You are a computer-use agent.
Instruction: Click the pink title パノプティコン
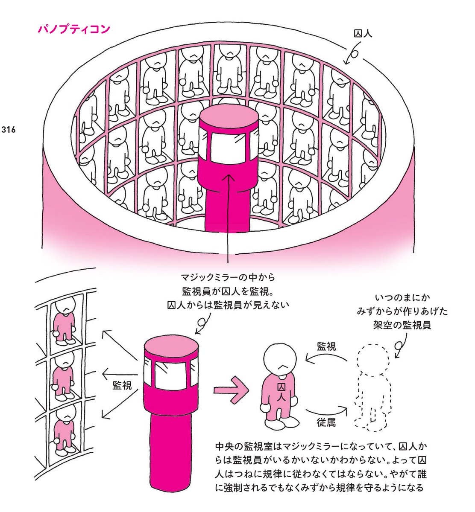74,29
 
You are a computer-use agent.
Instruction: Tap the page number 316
9,130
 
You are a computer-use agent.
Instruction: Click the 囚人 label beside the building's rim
363,33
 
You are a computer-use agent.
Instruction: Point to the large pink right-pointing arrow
231,390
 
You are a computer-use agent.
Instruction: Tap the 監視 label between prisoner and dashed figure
326,347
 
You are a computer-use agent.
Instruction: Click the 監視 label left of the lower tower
122,386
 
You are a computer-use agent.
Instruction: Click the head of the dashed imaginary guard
372,359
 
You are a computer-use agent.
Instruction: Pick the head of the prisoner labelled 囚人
280,359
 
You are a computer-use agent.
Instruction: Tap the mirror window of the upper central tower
228,148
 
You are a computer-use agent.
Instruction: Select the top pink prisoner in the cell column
65,321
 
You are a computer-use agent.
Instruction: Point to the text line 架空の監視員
402,325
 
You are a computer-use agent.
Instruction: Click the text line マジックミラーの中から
228,277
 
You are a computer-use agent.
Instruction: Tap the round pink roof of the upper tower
229,116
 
